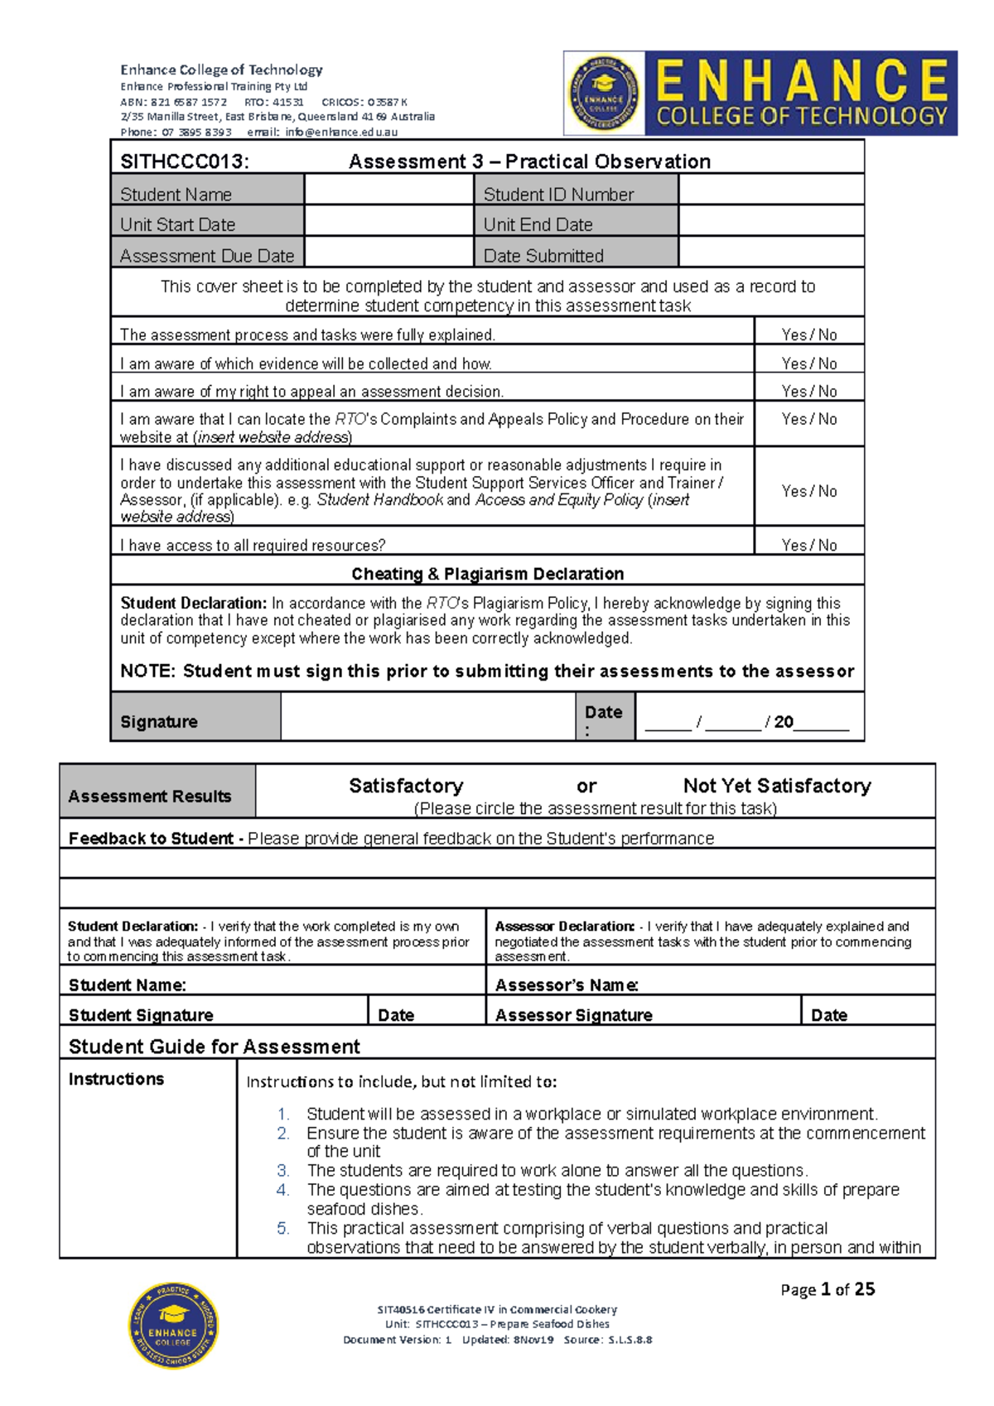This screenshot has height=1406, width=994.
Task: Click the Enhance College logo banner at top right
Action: (x=760, y=93)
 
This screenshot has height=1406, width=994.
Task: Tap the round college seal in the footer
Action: (x=172, y=1325)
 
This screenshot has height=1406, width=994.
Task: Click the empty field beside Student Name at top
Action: (x=388, y=190)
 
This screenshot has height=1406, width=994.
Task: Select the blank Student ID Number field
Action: (x=770, y=190)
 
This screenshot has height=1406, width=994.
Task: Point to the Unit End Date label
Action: (x=538, y=224)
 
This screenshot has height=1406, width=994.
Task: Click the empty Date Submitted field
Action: (x=770, y=253)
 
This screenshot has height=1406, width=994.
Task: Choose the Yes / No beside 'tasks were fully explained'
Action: (x=809, y=335)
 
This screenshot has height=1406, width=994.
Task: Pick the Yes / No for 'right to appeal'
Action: (x=809, y=391)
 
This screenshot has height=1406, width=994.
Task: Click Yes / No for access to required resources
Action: (x=809, y=545)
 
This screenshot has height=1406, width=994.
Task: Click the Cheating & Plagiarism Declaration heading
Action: (x=487, y=574)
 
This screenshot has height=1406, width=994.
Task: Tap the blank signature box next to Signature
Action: (x=427, y=717)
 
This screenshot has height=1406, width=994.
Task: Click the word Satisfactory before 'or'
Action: (x=406, y=785)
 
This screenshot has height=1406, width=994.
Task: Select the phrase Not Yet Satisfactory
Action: (x=777, y=785)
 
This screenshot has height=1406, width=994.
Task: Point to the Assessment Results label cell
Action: (x=150, y=796)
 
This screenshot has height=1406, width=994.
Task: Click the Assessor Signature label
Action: (x=573, y=1014)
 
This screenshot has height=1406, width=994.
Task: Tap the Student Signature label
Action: (x=141, y=1014)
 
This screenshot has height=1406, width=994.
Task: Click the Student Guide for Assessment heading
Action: (x=215, y=1046)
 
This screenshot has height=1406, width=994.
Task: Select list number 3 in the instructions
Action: (x=283, y=1170)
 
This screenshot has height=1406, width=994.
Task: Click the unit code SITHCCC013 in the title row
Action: (x=185, y=161)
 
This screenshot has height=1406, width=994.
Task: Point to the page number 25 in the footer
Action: (x=864, y=1288)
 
